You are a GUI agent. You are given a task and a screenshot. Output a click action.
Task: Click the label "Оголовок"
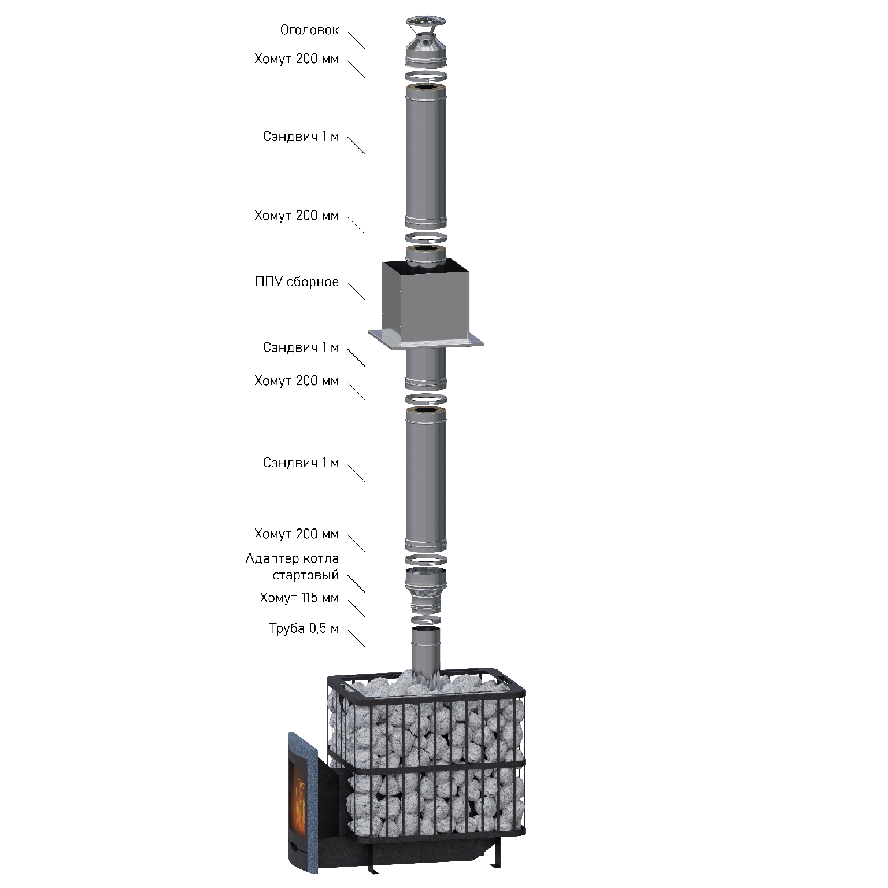[x=309, y=30]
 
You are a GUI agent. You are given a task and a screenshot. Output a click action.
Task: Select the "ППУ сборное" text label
[x=297, y=283]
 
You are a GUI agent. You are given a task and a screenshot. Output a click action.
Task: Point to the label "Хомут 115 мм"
[x=299, y=598]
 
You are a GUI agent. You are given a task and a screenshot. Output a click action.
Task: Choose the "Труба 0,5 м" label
[x=304, y=628]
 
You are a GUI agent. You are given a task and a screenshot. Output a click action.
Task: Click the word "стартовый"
[x=306, y=576]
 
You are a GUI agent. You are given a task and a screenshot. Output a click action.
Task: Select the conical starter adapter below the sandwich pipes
[x=425, y=590]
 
